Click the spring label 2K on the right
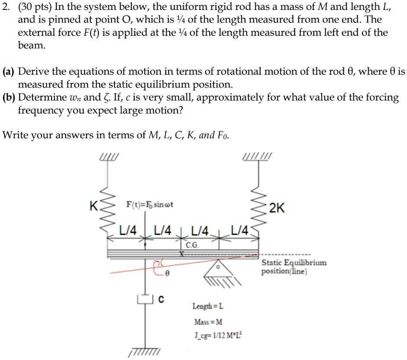[x=277, y=208]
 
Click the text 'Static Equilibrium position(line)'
[x=294, y=267]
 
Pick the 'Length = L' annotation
[x=208, y=306]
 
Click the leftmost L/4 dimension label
[x=128, y=230]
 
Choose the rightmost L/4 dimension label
[x=239, y=230]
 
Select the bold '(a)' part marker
[x=9, y=72]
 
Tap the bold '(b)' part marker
[x=9, y=98]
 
